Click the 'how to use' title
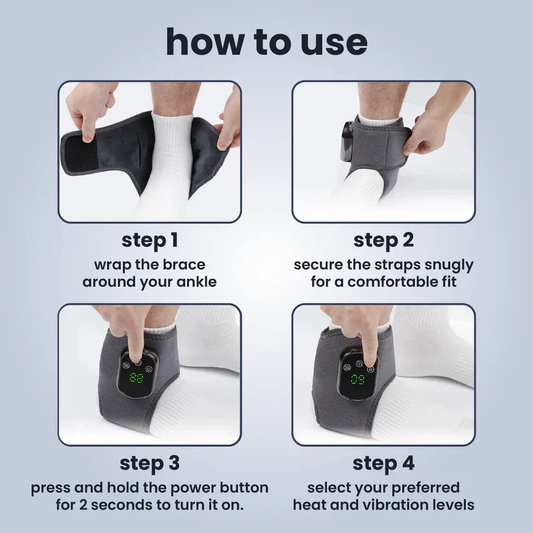(x=266, y=41)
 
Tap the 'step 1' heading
(x=150, y=240)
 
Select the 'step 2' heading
(x=383, y=240)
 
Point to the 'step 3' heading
(x=150, y=463)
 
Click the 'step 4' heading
(x=383, y=463)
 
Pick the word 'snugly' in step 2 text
(x=451, y=265)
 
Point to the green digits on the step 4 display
(x=358, y=378)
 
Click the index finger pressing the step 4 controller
(x=369, y=343)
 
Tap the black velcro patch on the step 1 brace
(x=81, y=153)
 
